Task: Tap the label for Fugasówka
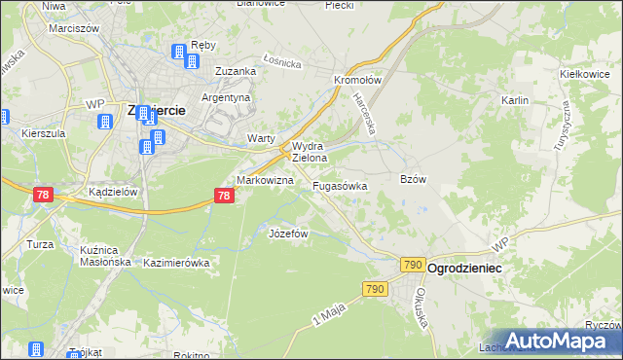(x=340, y=185)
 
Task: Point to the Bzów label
(x=414, y=179)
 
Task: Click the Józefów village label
(x=288, y=234)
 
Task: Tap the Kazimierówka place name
(x=176, y=263)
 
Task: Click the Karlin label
(x=514, y=100)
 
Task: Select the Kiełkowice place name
(x=584, y=74)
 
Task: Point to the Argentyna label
(x=226, y=98)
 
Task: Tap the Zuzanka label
(x=236, y=71)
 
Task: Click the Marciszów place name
(x=74, y=28)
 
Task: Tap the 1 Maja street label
(x=330, y=313)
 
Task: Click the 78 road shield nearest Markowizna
(x=224, y=196)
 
